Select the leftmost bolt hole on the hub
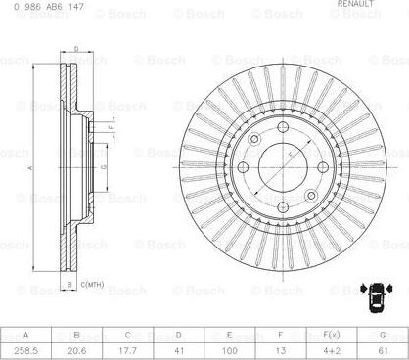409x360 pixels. [255, 140]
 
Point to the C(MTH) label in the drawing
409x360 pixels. [92, 285]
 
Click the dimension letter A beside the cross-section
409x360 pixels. [29, 167]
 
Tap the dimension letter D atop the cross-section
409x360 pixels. [76, 47]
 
